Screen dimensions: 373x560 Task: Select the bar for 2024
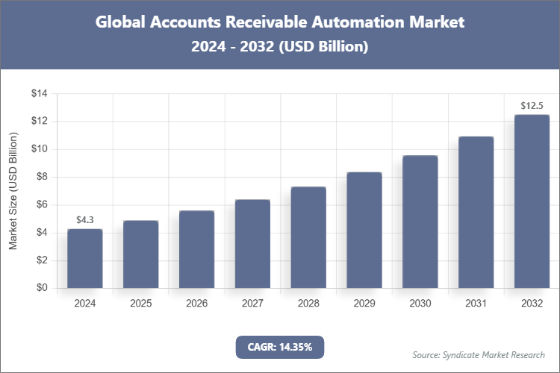(84, 258)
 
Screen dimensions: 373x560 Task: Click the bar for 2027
(252, 244)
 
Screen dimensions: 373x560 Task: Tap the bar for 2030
(420, 222)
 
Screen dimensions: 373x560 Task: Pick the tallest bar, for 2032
(532, 201)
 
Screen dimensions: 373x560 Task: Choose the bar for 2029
(364, 230)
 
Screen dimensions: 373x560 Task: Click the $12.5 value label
(532, 106)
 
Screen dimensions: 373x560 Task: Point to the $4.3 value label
(84, 220)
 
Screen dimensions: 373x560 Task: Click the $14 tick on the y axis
(39, 93)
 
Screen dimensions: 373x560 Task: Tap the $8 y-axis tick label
(41, 177)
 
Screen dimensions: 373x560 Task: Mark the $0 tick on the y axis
(41, 288)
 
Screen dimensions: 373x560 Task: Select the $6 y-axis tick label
(41, 204)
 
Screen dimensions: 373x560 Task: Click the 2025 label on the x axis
(140, 304)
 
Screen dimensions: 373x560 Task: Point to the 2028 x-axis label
(308, 304)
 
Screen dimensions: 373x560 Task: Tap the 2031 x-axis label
(476, 304)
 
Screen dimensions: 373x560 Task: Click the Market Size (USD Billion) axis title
(13, 191)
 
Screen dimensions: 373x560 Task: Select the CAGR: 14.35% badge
(280, 346)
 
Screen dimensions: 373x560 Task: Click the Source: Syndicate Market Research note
(479, 354)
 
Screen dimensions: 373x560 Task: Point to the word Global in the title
(121, 22)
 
